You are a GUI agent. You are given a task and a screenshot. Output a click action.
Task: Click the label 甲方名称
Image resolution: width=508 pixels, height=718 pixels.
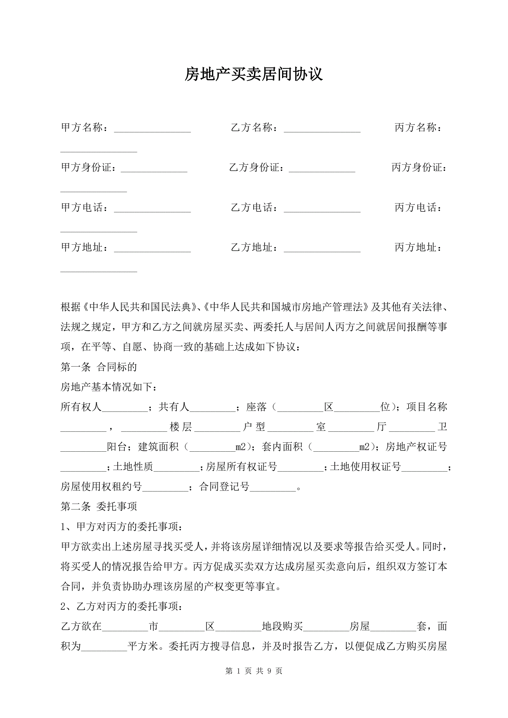(82, 127)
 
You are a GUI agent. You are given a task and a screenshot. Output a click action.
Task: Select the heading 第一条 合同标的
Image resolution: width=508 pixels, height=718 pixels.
(99, 367)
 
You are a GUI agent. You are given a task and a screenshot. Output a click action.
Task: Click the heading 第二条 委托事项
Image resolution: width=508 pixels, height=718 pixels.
(99, 506)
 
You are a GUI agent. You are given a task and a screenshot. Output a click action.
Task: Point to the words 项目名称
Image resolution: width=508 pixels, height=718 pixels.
(427, 407)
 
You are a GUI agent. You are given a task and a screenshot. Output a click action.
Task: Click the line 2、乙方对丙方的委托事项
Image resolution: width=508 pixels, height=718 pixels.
(121, 606)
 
